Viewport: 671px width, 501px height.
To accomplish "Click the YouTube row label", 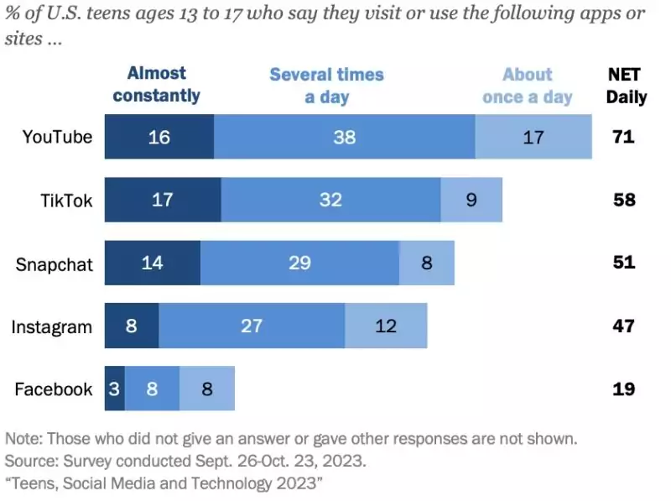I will pos(57,137).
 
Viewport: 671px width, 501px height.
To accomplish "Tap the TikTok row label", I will pos(66,200).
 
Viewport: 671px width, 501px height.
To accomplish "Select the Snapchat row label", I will pos(54,264).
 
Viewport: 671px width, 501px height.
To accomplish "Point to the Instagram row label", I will pos(51,326).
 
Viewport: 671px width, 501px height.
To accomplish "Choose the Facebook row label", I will pos(53,389).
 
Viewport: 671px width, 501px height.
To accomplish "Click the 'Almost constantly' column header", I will pos(157,85).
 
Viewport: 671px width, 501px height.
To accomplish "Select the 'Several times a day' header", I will pos(326,86).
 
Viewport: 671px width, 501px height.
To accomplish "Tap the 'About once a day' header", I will pos(528,86).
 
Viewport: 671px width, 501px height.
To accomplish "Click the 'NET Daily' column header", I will pos(627,86).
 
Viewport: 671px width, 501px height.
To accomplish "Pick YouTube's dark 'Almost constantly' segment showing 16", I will pos(159,137).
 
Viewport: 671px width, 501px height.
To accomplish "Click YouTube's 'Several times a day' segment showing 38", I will pos(344,137).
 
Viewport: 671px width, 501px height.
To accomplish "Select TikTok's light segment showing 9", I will pos(471,200).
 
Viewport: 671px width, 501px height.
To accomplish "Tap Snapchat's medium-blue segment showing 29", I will pos(299,264).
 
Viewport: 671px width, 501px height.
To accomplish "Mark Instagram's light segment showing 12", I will pos(386,326).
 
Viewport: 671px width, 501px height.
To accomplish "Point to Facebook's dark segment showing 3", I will pos(115,389).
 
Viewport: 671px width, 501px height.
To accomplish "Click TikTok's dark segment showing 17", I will pos(163,200).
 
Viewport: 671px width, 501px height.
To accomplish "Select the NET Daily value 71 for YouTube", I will pos(623,137).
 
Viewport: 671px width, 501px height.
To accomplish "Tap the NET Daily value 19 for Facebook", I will pos(623,389).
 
